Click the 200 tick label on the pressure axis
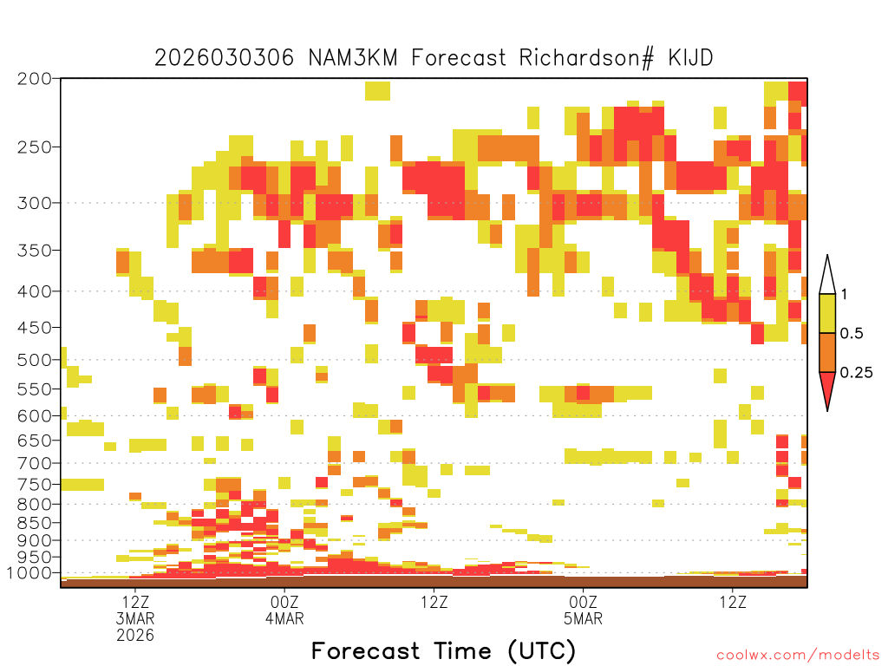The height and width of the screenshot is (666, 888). point(34,79)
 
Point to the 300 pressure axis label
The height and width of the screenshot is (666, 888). point(34,203)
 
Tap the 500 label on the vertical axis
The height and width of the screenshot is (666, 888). point(34,360)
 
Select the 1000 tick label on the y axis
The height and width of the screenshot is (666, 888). point(29,573)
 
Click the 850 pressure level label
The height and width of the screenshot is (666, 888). point(34,523)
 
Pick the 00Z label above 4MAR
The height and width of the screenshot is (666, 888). point(284,602)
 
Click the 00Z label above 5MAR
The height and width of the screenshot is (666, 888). point(584,602)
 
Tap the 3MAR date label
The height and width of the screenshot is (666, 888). point(135,618)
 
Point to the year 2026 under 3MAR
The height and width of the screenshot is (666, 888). point(135,636)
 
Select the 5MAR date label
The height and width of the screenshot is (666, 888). point(584,618)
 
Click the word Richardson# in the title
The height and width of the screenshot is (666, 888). point(586,58)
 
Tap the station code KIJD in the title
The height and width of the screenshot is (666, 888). point(690,58)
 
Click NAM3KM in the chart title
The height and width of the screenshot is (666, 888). point(353,58)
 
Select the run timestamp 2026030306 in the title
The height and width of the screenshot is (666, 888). point(225,58)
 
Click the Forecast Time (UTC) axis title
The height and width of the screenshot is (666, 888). point(443,650)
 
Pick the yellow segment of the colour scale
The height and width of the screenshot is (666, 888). point(827,313)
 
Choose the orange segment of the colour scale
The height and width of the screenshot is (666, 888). point(827,352)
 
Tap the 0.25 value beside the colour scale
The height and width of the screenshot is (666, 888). point(856,372)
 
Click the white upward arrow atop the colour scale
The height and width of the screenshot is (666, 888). point(827,275)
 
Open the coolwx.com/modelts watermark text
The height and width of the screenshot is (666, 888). point(798,656)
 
